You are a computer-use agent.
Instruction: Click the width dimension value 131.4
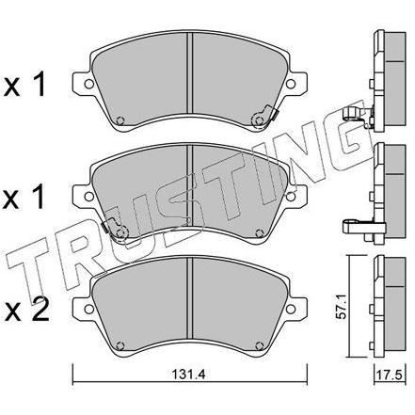click(x=188, y=375)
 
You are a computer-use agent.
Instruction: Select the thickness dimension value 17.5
click(x=390, y=375)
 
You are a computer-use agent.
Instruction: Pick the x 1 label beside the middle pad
click(x=24, y=197)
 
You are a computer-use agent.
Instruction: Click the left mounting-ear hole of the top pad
click(x=88, y=84)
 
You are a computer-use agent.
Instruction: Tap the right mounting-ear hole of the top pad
click(x=291, y=84)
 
